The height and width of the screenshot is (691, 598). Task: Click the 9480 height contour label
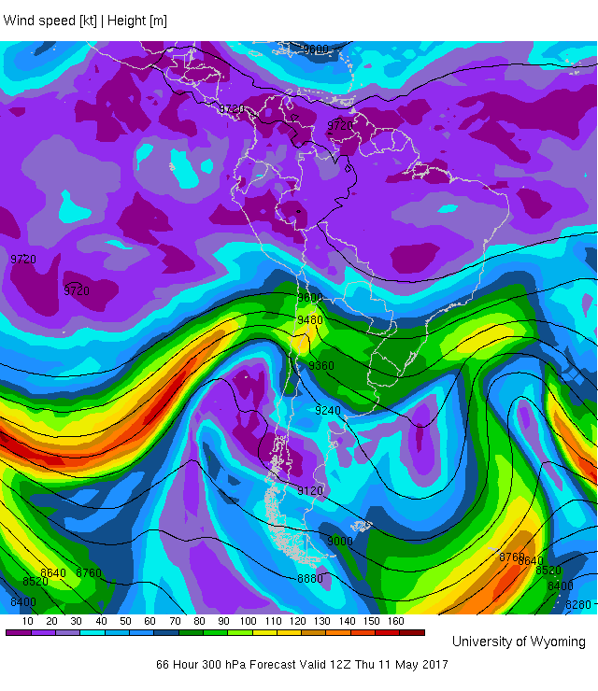(309, 320)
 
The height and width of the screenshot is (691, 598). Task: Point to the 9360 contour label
(321, 366)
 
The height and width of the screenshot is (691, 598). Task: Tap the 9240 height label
(327, 411)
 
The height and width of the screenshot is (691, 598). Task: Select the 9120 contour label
(310, 491)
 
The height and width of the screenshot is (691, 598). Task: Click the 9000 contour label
(340, 542)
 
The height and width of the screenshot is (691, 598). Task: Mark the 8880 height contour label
(310, 580)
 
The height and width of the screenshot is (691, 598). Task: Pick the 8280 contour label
(578, 605)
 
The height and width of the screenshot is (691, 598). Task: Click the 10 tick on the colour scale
(28, 621)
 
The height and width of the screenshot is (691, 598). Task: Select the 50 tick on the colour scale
(125, 621)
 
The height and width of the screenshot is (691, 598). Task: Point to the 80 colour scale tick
(199, 621)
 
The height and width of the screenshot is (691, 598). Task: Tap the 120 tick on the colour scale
(297, 621)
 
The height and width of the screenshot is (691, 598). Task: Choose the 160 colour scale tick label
(395, 621)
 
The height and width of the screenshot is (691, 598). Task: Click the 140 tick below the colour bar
(347, 621)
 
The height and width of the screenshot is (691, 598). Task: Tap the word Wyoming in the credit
(557, 642)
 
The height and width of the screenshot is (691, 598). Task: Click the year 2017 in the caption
(434, 665)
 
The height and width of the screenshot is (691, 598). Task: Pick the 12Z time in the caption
(343, 665)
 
